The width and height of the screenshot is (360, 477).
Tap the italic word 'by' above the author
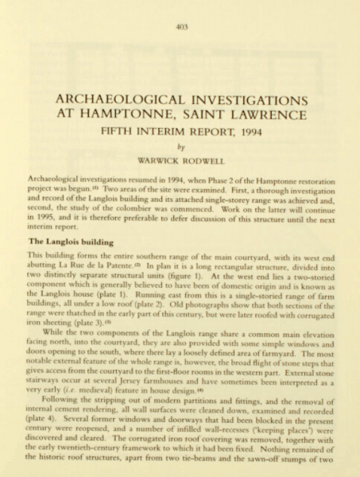[179, 149]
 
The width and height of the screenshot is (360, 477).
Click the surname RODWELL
[201, 162]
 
